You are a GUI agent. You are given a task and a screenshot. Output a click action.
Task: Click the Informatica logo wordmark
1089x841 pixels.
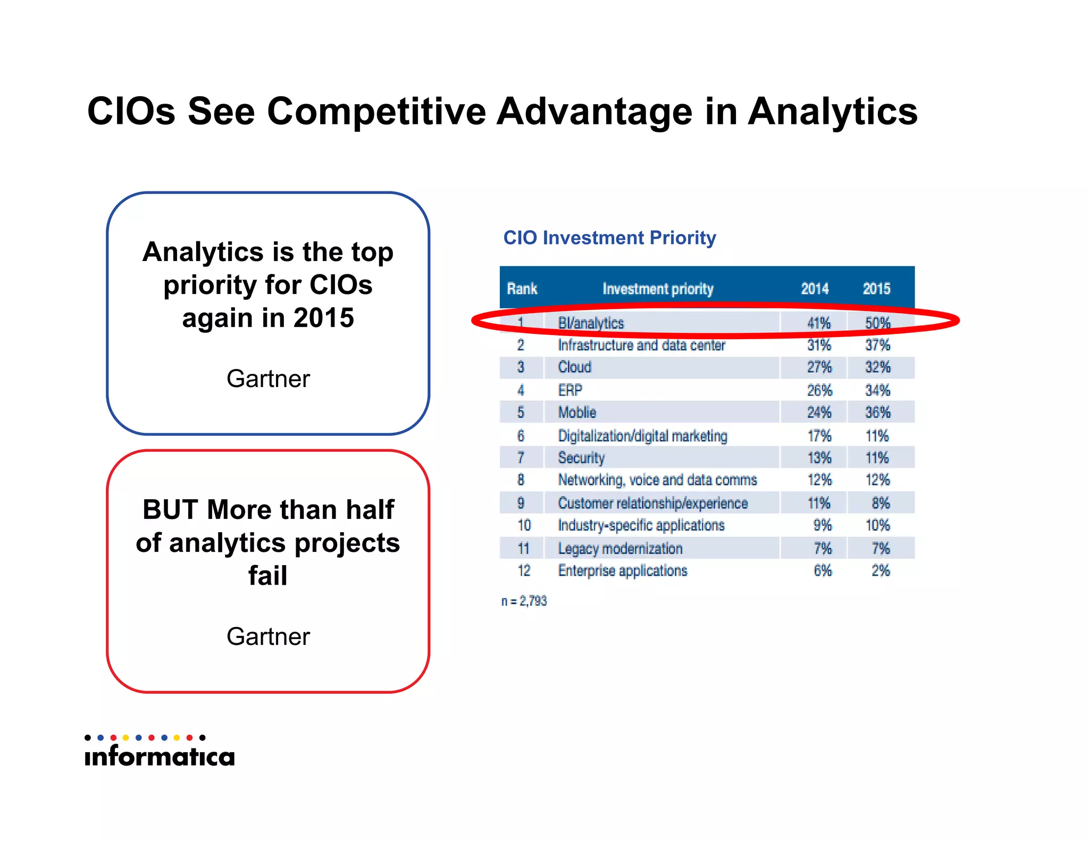pos(160,756)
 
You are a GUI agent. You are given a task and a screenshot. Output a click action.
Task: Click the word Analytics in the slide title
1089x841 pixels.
pos(832,112)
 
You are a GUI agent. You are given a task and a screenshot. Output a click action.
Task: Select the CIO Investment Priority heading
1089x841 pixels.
pos(609,238)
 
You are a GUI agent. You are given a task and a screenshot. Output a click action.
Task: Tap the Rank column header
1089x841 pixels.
pos(522,289)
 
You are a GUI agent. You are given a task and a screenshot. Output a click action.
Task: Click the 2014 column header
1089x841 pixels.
pos(815,289)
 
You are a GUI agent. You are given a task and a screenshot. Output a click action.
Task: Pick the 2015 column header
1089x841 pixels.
pos(876,289)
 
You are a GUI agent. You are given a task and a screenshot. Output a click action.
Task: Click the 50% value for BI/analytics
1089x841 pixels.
pos(877,323)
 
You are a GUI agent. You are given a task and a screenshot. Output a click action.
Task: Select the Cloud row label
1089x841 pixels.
pos(574,367)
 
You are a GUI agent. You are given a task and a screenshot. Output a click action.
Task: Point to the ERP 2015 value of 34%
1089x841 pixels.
pos(877,391)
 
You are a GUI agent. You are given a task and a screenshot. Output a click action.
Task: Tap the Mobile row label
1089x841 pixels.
pos(577,413)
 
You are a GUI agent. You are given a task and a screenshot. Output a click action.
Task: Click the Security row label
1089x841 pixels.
pos(581,458)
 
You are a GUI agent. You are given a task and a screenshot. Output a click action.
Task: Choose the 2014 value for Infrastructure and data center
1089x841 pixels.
pos(819,345)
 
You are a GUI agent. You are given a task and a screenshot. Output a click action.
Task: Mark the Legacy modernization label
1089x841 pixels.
pos(620,549)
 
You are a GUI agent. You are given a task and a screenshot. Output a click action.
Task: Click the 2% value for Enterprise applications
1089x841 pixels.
pos(881,571)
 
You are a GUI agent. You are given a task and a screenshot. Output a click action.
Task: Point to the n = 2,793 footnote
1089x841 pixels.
pos(524,601)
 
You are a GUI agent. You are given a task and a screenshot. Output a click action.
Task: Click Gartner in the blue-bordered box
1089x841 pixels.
pos(268,379)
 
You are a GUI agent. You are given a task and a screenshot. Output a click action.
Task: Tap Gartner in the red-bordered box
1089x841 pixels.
pos(268,637)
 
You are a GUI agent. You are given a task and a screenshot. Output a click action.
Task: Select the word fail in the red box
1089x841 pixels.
pos(267,576)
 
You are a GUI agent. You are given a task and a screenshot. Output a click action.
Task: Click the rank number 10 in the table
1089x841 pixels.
pos(524,526)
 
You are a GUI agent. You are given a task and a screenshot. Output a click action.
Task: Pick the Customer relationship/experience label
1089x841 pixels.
pos(652,503)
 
